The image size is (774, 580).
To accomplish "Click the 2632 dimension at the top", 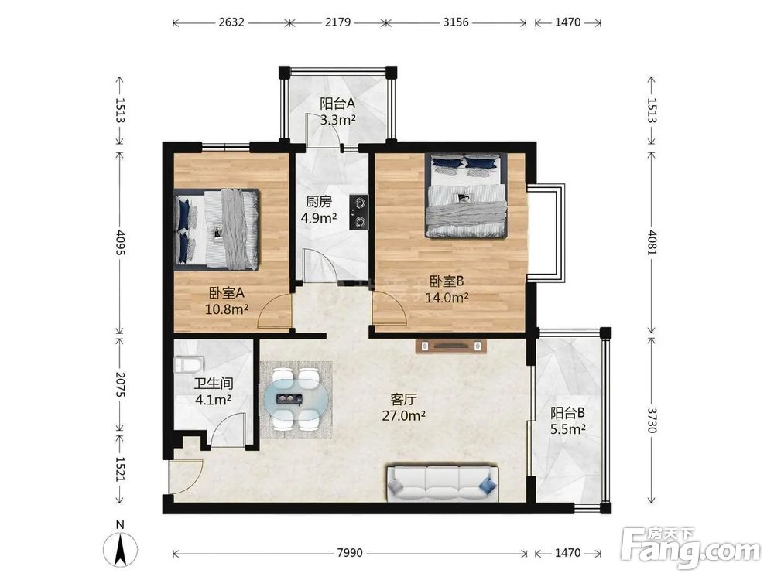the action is [x=231, y=22].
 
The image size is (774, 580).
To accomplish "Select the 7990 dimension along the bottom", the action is [x=350, y=553].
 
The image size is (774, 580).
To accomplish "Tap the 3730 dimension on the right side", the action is [x=652, y=420].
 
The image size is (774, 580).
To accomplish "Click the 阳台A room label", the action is [x=337, y=104].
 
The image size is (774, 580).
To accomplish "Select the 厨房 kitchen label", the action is [x=318, y=202].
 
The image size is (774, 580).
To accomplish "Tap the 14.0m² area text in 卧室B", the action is [x=447, y=298].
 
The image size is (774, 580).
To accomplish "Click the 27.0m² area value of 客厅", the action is [x=404, y=416].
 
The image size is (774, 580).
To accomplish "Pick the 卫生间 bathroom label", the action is [x=214, y=384].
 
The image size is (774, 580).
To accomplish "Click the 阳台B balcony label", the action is [x=567, y=412].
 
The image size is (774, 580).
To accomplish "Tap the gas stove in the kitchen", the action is [x=359, y=212].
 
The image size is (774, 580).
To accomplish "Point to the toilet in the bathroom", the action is [x=189, y=365].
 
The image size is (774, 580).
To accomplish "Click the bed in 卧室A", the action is [x=217, y=230].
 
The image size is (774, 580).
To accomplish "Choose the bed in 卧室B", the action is [x=467, y=196].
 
